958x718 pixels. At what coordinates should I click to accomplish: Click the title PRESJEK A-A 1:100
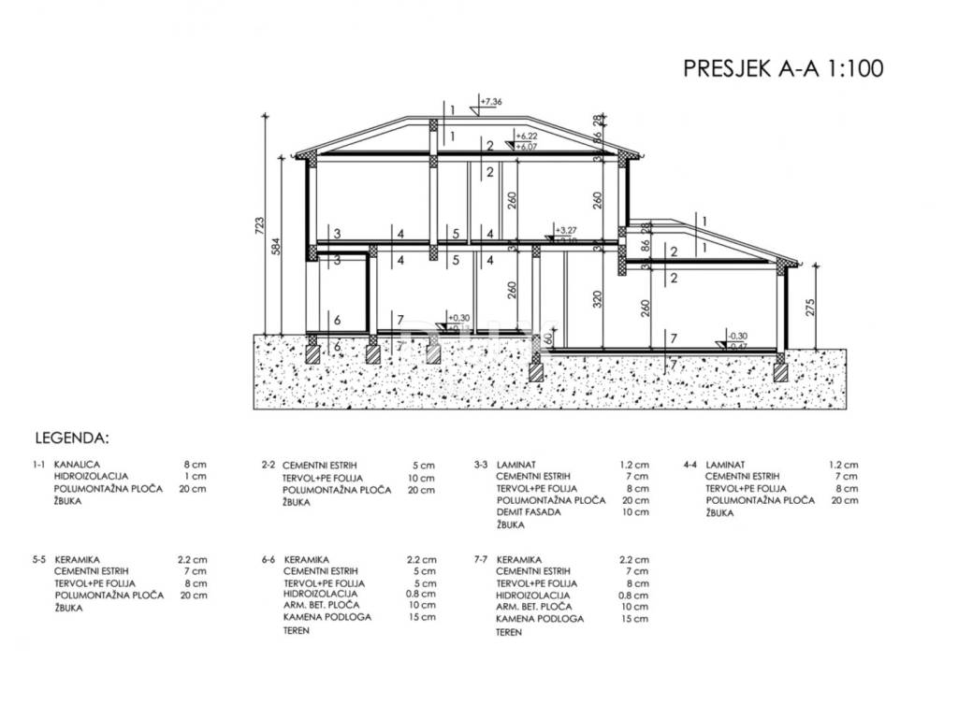click(784, 67)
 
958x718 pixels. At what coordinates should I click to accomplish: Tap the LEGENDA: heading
click(72, 437)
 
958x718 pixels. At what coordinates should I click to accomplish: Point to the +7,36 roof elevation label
click(491, 101)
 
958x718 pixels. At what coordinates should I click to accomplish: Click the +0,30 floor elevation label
click(458, 317)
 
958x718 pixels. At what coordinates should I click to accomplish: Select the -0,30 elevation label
click(738, 336)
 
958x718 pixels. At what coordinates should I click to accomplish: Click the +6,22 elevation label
click(529, 136)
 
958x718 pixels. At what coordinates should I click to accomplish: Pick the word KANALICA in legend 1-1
click(78, 465)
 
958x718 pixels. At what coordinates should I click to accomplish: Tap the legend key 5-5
click(37, 559)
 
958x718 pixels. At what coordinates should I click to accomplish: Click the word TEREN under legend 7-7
click(510, 632)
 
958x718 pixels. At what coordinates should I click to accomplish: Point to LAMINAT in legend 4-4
click(725, 465)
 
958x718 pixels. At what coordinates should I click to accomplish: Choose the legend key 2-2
click(268, 465)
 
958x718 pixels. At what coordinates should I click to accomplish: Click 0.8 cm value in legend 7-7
click(633, 596)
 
